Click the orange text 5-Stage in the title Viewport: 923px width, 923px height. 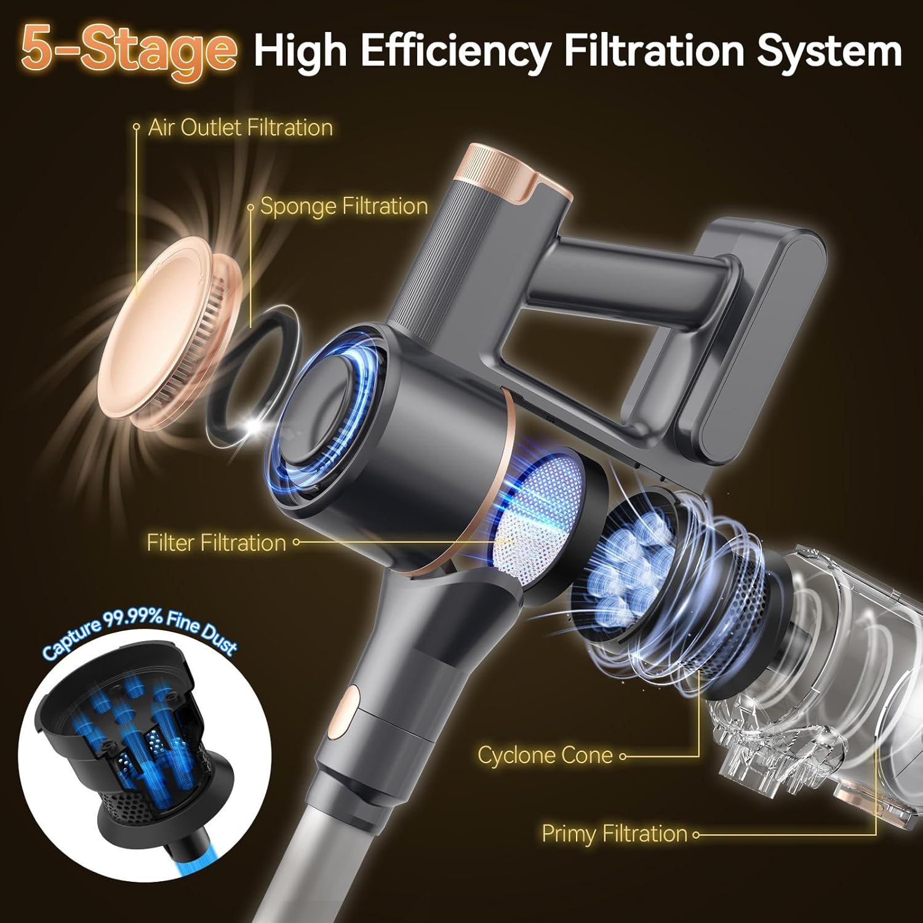128,50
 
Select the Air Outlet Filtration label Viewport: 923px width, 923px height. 241,127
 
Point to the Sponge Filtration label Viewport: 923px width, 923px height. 344,206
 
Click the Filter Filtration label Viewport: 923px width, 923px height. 217,543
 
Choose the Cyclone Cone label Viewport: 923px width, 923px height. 545,755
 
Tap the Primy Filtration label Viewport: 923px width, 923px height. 614,834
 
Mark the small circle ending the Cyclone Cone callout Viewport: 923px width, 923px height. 623,756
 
